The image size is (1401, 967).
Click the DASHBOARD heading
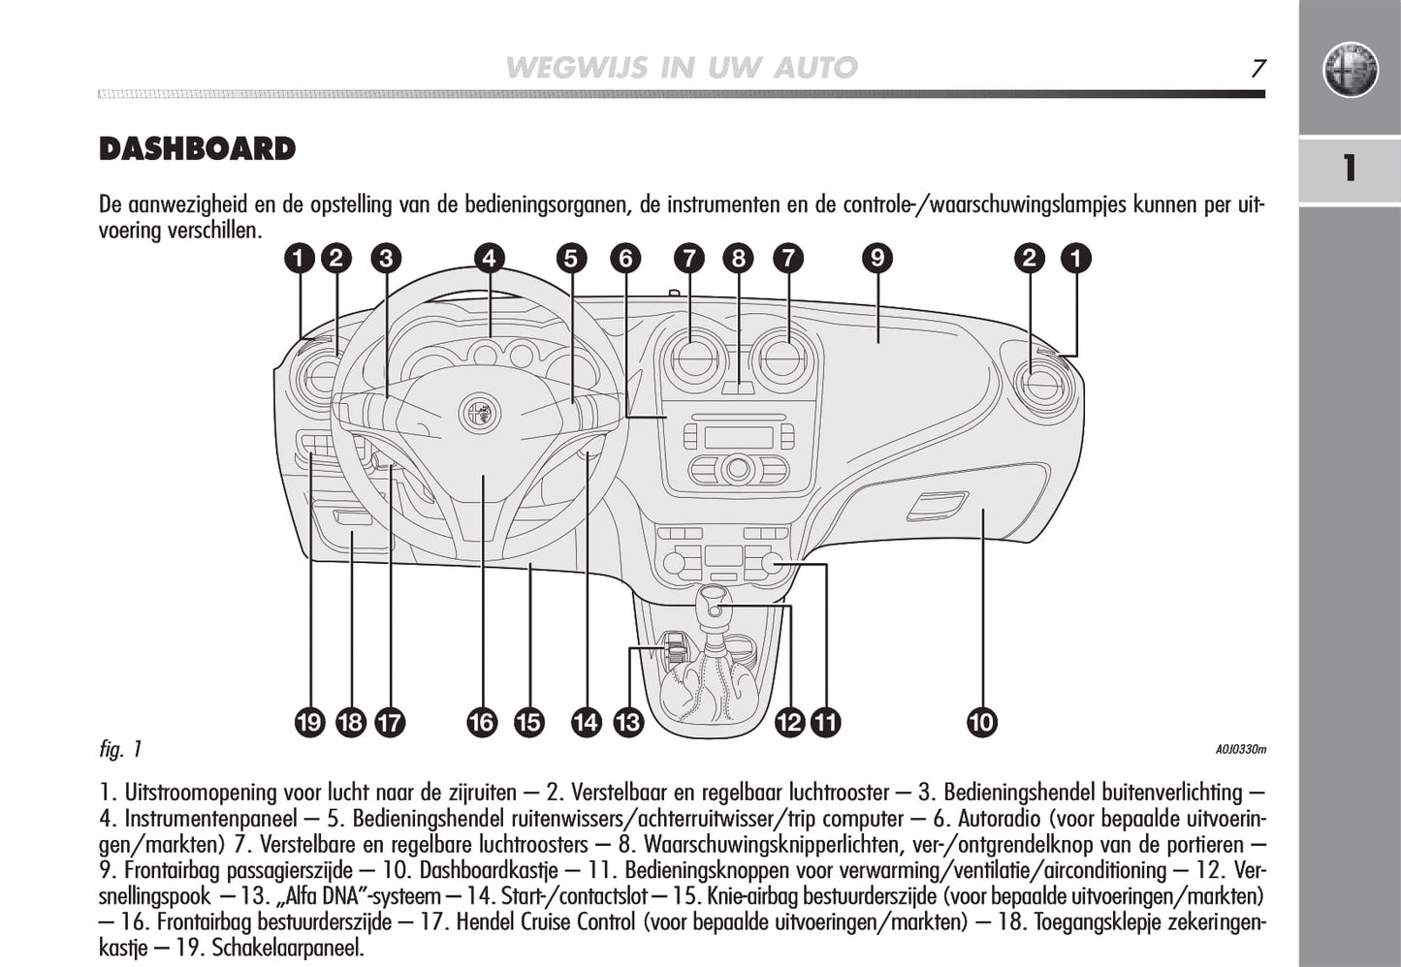pyautogui.click(x=197, y=149)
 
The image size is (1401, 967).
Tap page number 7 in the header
pyautogui.click(x=1258, y=68)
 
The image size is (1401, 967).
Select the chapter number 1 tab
pyautogui.click(x=1349, y=169)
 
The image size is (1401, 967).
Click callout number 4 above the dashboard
pyautogui.click(x=490, y=258)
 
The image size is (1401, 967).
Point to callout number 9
pyautogui.click(x=876, y=258)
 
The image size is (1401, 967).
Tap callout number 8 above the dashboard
pyautogui.click(x=739, y=258)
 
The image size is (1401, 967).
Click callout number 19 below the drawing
pyautogui.click(x=309, y=722)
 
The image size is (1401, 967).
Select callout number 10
pyautogui.click(x=981, y=722)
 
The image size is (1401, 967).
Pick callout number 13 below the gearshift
pyautogui.click(x=628, y=722)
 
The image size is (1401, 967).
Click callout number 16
pyautogui.click(x=482, y=722)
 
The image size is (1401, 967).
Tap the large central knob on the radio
pyautogui.click(x=738, y=469)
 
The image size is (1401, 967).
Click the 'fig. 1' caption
pyautogui.click(x=120, y=749)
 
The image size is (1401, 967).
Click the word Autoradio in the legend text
pyautogui.click(x=1003, y=819)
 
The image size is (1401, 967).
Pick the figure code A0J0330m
pyautogui.click(x=1240, y=749)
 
